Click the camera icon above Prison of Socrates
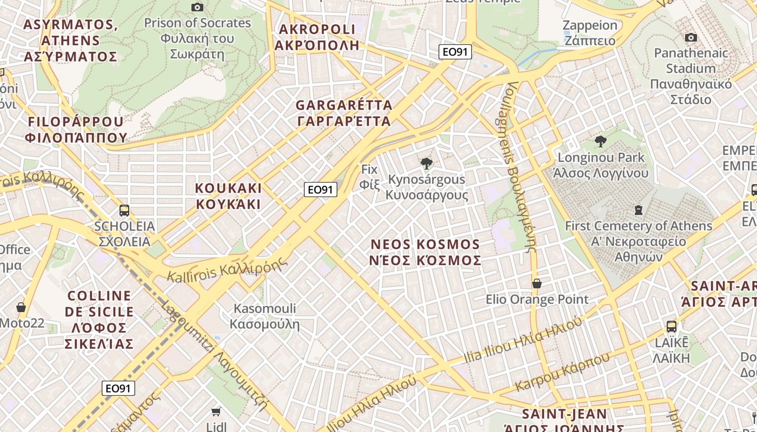tap(197, 7)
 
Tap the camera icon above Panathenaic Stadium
tap(690, 37)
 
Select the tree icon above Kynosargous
tap(427, 163)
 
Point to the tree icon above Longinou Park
tap(600, 141)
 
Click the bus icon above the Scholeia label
tap(124, 210)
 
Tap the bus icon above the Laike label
tap(671, 326)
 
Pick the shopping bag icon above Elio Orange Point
tap(537, 283)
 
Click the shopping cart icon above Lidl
tap(216, 412)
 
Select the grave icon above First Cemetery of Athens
tap(639, 210)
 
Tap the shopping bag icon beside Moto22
tap(21, 307)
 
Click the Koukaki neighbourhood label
tap(228, 196)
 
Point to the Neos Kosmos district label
tap(425, 252)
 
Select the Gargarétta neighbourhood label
tap(344, 113)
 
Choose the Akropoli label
tap(317, 37)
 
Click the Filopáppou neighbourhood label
tap(76, 129)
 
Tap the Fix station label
tap(369, 176)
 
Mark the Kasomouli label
tap(264, 316)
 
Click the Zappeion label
tap(589, 32)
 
